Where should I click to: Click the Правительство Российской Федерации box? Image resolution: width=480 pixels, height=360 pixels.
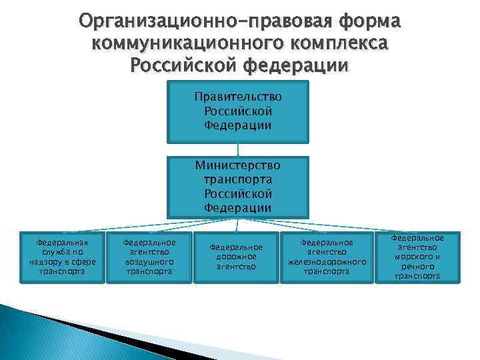[238, 111]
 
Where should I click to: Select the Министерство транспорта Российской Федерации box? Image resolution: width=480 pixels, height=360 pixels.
[238, 187]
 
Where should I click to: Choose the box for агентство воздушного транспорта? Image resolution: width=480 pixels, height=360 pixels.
[149, 257]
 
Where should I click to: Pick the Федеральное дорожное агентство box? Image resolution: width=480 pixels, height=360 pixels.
[237, 257]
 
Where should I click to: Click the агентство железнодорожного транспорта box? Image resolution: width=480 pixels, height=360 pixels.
[327, 257]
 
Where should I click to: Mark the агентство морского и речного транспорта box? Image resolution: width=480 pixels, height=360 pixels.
[417, 257]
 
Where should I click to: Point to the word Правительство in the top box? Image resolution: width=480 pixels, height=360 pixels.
[238, 97]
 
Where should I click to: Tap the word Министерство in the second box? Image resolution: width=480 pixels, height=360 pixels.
[238, 165]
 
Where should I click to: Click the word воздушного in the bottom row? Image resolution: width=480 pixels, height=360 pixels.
[149, 262]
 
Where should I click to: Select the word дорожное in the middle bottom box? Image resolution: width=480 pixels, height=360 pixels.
[237, 257]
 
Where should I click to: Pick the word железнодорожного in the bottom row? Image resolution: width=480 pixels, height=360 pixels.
[327, 262]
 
